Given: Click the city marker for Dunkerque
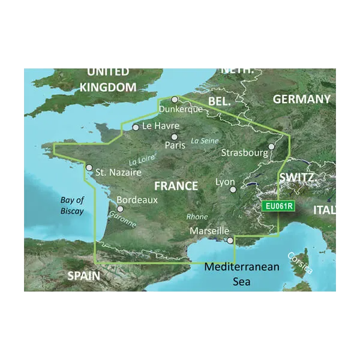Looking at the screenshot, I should [175, 100].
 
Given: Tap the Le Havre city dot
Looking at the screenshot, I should [136, 127].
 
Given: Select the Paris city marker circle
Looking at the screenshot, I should [174, 137].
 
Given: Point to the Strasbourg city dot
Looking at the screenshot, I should [271, 146].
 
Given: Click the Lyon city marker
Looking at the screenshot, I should [233, 190].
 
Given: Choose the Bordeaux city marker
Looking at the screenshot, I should [120, 209].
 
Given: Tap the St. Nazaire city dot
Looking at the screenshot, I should [89, 168].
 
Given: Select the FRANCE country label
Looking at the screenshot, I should [176, 186].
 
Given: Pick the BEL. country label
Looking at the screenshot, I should [219, 102].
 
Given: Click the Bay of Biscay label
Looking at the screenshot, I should [72, 206].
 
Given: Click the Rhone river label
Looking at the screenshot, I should [197, 217].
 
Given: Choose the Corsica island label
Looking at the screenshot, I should [300, 262].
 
